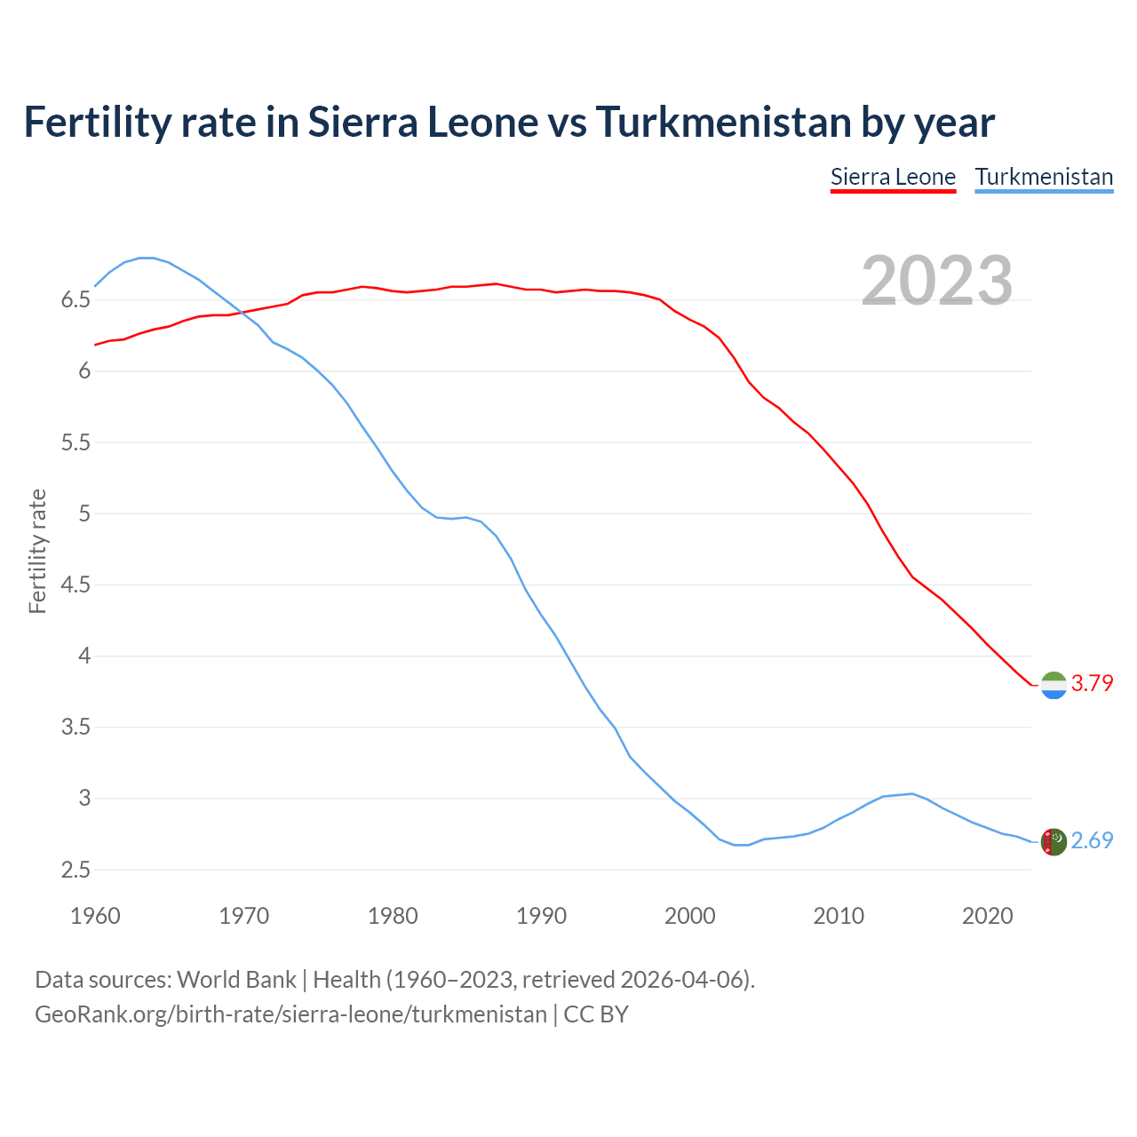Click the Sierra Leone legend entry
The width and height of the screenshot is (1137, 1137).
pos(893,178)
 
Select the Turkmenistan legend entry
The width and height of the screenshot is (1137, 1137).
pos(1044,178)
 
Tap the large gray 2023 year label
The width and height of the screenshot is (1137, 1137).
pos(936,281)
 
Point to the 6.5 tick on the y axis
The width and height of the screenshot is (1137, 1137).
pos(76,300)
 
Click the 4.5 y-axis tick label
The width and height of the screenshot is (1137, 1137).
pos(76,585)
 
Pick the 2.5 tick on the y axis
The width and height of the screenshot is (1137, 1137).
pos(76,871)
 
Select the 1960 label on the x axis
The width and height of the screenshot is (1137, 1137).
pos(95,916)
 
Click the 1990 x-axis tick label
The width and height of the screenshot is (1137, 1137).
pos(541,916)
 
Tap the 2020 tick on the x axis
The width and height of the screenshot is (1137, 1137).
pos(987,916)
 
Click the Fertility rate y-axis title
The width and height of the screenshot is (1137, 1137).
pos(37,551)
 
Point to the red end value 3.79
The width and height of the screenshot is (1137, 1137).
pos(1092,683)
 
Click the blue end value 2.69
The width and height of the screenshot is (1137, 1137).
pos(1092,840)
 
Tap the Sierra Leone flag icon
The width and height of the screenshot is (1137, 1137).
pos(1054,685)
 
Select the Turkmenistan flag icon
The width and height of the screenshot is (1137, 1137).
pos(1054,841)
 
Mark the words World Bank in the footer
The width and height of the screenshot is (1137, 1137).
pos(236,980)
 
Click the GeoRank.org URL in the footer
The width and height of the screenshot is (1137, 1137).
pos(290,1014)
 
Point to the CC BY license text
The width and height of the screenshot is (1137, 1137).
pos(596,1014)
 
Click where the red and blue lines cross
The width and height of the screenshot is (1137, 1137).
pos(241,312)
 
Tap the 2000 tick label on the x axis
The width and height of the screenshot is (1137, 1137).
pos(690,916)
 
